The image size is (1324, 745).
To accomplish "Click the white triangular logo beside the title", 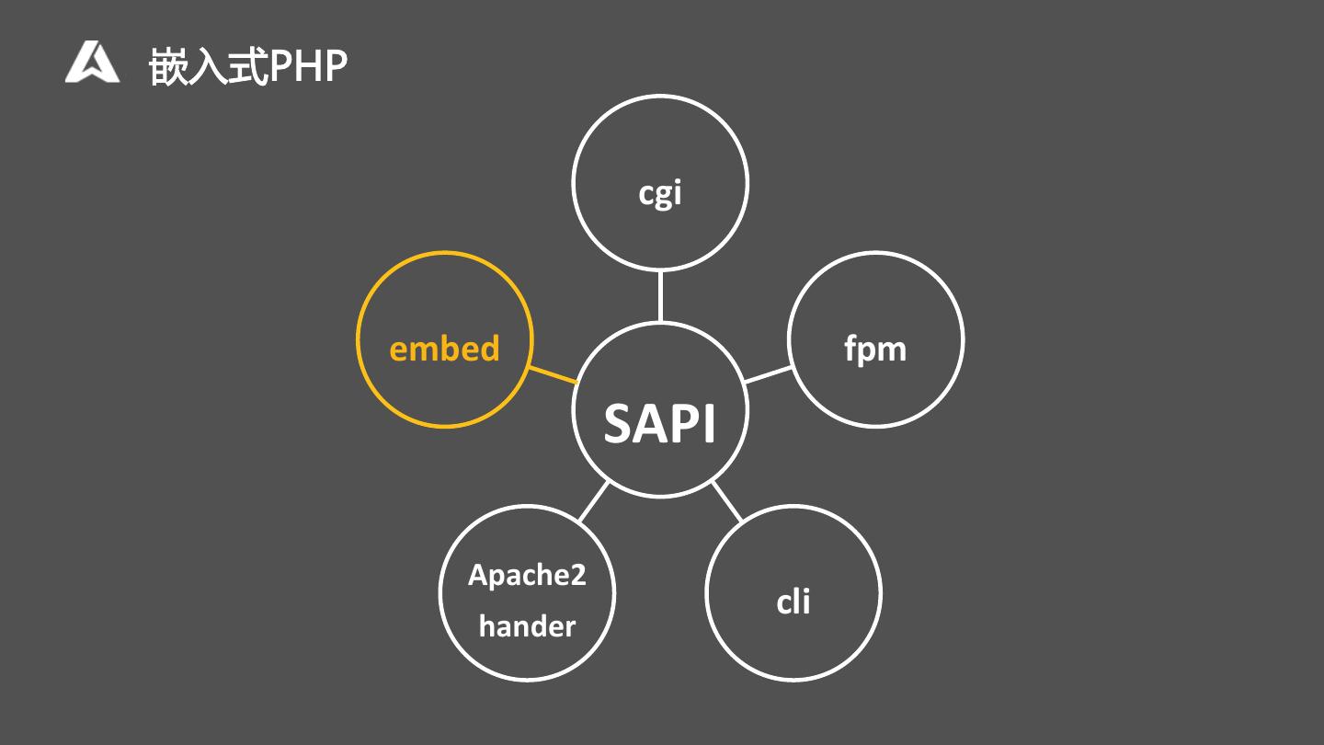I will click(x=92, y=63).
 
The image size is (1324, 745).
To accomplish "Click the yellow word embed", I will click(x=444, y=349).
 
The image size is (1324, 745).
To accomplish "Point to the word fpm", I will click(x=875, y=350).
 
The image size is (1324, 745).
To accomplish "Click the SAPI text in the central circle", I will click(x=659, y=423).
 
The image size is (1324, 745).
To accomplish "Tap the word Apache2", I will click(x=527, y=575).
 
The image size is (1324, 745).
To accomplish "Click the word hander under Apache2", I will click(x=527, y=626).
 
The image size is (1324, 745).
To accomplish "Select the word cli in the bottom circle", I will click(x=793, y=602).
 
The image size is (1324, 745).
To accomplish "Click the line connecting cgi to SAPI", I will click(x=660, y=296).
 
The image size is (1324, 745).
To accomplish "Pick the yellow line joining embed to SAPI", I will click(x=554, y=374).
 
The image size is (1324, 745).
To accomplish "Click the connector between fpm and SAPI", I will click(x=768, y=374).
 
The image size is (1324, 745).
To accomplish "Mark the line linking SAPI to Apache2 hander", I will click(x=594, y=501).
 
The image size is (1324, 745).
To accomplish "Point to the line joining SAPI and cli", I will click(x=726, y=501).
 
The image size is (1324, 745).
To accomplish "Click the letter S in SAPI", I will click(x=620, y=423).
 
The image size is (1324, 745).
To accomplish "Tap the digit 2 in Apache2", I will click(x=576, y=575).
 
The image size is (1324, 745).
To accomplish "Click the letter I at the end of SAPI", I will click(x=708, y=423).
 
